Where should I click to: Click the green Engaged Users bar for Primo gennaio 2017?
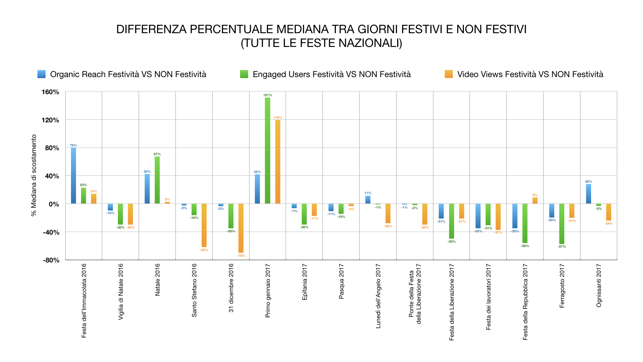click(268, 150)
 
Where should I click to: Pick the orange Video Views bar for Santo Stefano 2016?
click(204, 225)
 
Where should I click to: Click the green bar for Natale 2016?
click(157, 180)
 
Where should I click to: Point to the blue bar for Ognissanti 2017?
click(588, 194)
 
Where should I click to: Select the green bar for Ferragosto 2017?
click(562, 224)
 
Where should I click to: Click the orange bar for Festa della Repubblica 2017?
click(535, 200)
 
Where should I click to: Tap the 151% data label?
click(268, 95)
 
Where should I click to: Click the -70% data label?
click(241, 256)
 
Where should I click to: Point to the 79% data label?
click(73, 145)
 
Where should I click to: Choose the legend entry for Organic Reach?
click(128, 74)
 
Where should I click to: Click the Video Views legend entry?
click(530, 74)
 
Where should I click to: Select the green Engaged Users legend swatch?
click(244, 74)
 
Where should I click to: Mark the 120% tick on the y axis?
click(50, 120)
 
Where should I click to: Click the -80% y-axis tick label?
click(51, 260)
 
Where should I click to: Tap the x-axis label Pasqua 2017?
click(341, 281)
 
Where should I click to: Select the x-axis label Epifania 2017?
click(304, 282)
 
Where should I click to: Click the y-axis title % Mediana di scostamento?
click(34, 175)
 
